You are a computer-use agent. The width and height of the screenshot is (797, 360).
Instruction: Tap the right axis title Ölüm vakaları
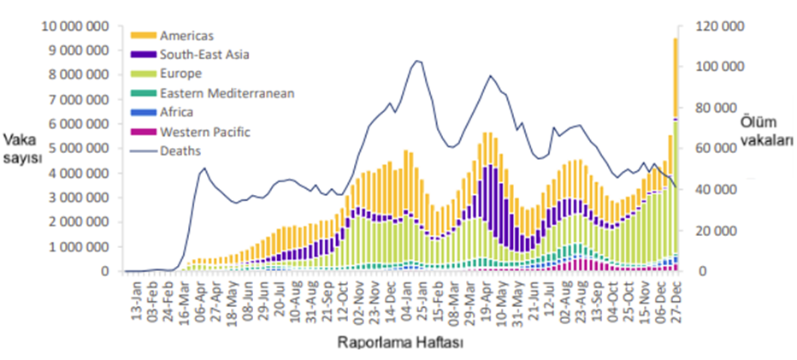[x=763, y=131]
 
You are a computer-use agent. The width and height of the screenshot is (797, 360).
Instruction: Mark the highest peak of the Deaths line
[x=416, y=61]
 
